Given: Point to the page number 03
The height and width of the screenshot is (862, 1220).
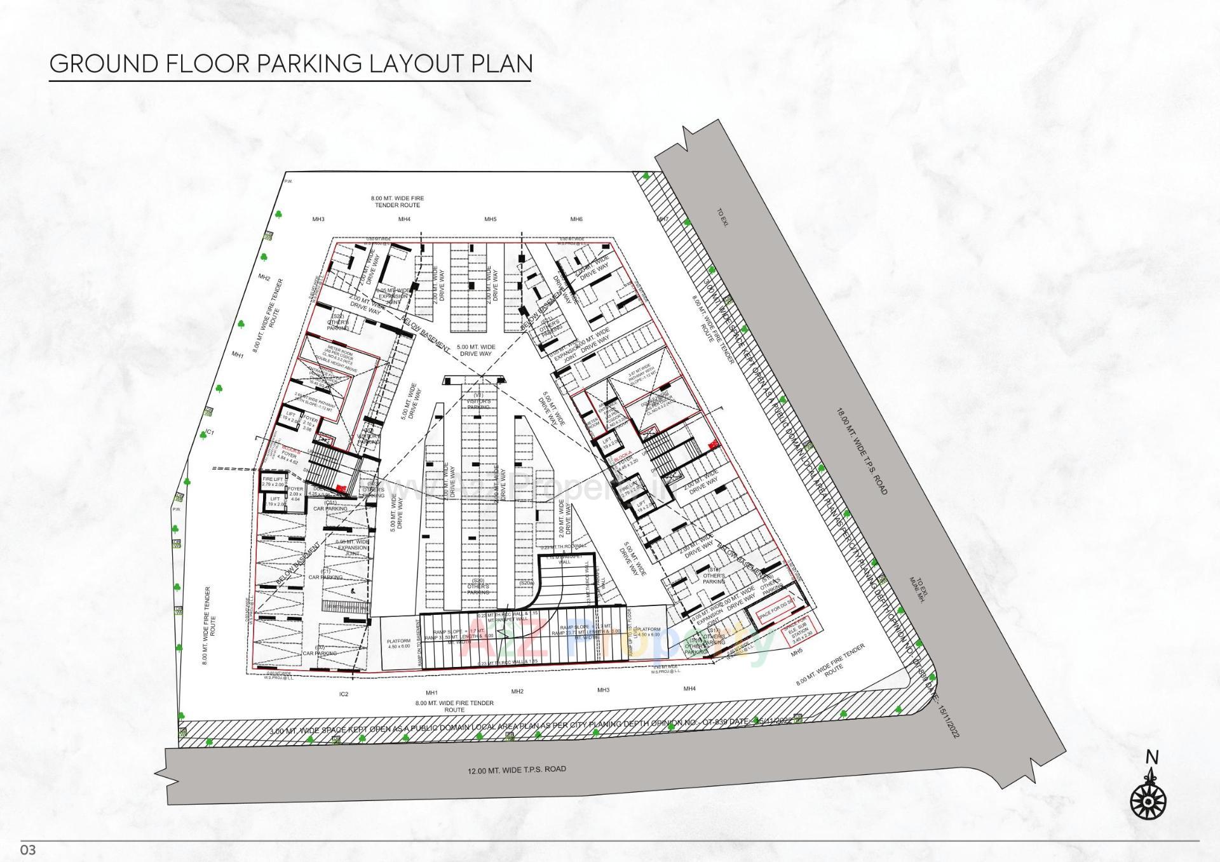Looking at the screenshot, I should coord(29,850).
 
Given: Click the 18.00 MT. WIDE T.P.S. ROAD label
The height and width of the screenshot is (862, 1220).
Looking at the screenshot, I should coord(862,452).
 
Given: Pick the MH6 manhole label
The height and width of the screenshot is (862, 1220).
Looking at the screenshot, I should coord(576,219).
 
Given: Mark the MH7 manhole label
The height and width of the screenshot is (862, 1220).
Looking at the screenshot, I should coord(662,219).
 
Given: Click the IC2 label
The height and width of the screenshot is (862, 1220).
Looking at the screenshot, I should coord(344,694).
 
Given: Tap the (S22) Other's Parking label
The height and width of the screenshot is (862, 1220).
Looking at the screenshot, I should coord(338,322).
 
